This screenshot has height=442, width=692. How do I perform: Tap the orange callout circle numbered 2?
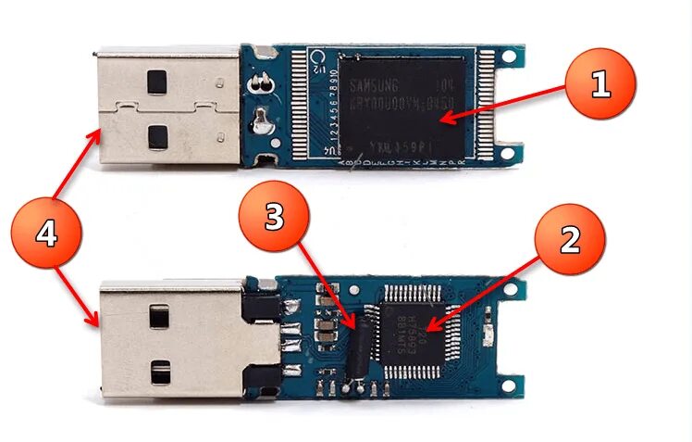pyautogui.click(x=570, y=240)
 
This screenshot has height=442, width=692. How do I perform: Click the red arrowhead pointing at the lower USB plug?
pyautogui.click(x=95, y=322)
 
